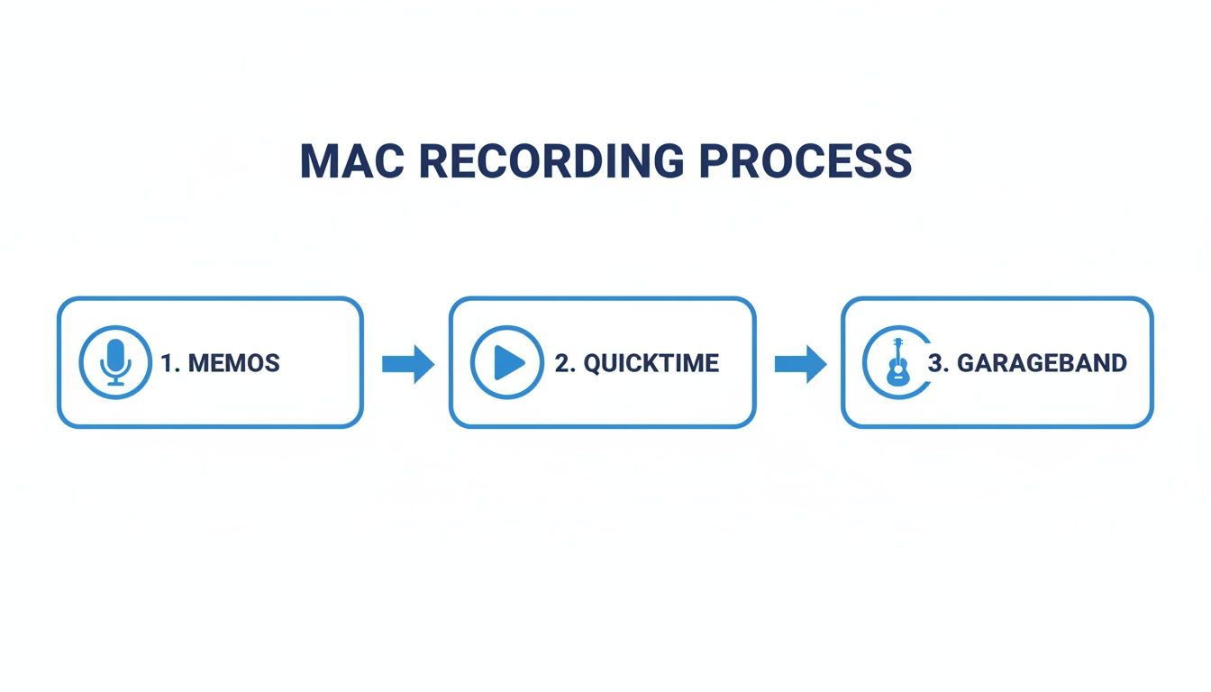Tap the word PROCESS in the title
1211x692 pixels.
point(806,161)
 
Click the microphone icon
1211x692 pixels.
point(115,362)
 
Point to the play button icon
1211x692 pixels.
point(507,362)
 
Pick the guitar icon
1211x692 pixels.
point(897,362)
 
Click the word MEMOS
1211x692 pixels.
point(233,363)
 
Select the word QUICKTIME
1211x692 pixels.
point(651,363)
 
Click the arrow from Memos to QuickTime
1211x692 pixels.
point(408,363)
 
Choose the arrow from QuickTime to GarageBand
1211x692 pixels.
point(800,363)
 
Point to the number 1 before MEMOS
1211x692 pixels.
point(167,363)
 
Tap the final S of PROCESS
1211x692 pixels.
point(897,161)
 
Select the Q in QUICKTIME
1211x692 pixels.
point(593,363)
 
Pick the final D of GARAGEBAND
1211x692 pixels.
point(1117,363)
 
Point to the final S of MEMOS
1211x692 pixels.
point(271,363)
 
